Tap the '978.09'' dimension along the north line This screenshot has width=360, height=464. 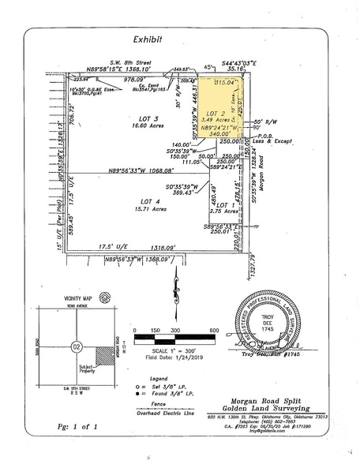click(x=136, y=80)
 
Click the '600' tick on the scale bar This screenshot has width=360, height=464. click(x=215, y=331)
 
